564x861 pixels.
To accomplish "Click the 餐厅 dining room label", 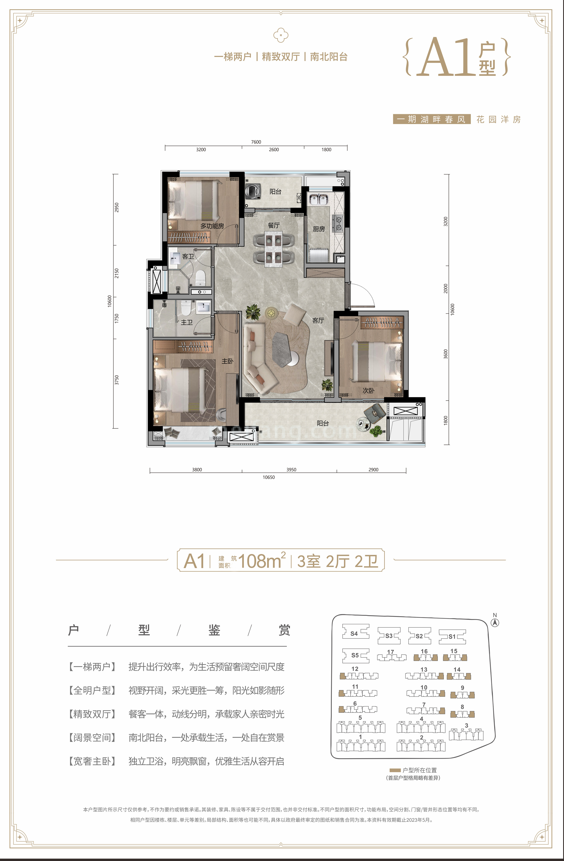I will pos(274,225).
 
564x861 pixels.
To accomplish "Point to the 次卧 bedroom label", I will pos(368,391).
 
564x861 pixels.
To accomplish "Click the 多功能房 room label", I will pos(212,226).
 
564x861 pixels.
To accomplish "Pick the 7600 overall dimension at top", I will pos(256,142).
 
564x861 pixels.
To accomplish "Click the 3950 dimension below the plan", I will pos(291,469).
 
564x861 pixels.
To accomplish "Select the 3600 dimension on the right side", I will pos(446,354).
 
